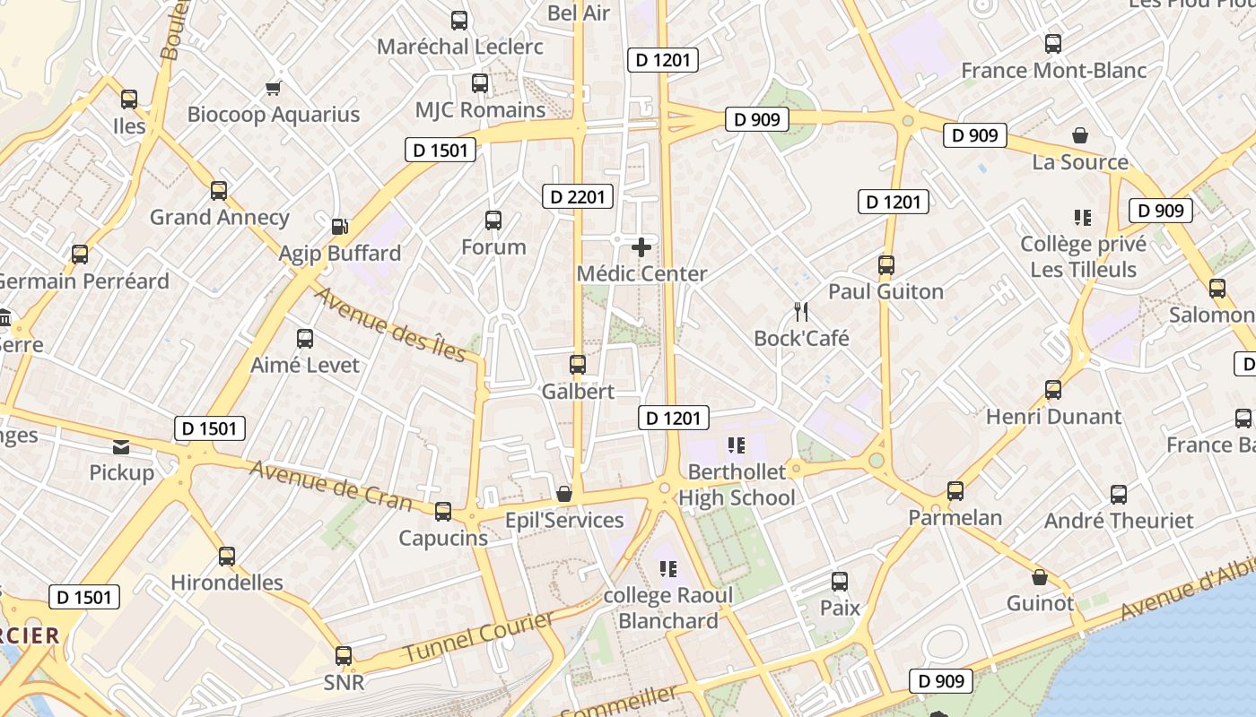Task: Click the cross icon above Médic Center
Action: coord(641,247)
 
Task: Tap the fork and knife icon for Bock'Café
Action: coord(801,312)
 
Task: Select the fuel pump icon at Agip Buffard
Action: coord(339,227)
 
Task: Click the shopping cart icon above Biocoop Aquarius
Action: coord(273,88)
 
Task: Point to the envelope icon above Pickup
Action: coord(121,446)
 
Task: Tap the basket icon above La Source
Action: coord(1080,135)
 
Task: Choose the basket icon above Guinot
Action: coord(1039,577)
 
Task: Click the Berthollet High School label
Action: coord(737,485)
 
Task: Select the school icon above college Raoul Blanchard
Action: coord(667,568)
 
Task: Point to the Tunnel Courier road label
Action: coord(478,638)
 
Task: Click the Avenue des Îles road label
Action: coord(390,324)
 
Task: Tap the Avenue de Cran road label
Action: coord(330,486)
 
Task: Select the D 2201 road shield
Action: coord(579,196)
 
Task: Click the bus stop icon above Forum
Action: coord(493,220)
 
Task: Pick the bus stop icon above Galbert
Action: coord(578,365)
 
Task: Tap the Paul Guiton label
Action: coord(885,291)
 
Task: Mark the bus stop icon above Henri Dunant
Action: coord(1053,390)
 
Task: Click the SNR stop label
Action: coord(345,682)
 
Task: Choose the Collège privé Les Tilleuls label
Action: coord(1083,256)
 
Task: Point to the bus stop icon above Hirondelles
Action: coord(227,556)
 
